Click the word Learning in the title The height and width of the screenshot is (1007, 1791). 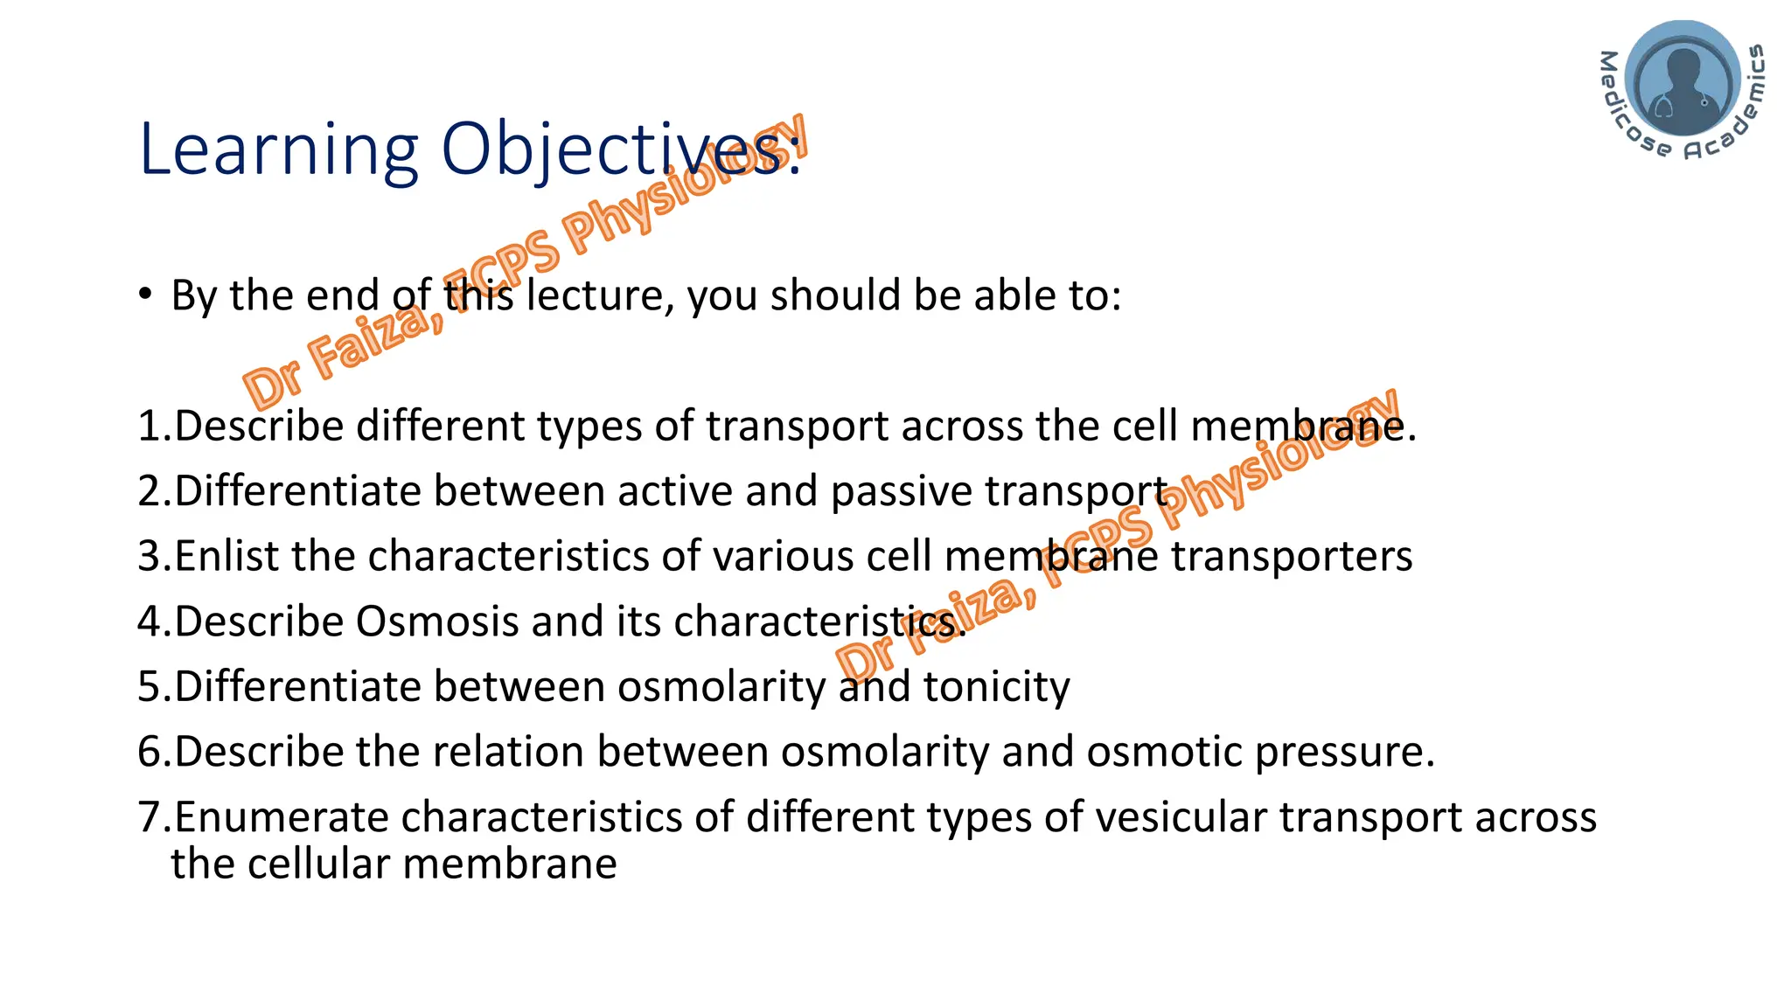[278, 150]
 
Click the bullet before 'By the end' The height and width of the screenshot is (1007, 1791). [145, 295]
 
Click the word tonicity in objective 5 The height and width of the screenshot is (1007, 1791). [996, 687]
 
